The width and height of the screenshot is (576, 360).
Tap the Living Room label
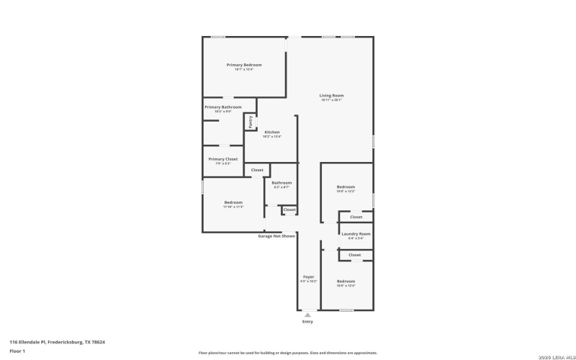click(332, 96)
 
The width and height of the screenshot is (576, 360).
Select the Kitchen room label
click(272, 132)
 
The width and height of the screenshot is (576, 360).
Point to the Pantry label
click(251, 122)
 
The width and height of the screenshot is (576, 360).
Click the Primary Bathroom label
click(222, 107)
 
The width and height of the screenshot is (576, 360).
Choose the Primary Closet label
click(222, 159)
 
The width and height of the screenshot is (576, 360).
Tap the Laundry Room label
click(356, 234)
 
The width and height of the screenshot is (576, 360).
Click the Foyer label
click(308, 276)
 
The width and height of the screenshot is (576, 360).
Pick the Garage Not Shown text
click(276, 236)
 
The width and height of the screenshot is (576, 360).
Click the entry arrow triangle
click(307, 315)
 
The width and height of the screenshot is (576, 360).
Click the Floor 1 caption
click(17, 351)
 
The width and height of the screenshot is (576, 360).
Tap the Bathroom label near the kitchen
click(282, 183)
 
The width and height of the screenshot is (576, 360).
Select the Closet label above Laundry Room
click(356, 217)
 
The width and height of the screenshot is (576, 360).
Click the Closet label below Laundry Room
click(354, 255)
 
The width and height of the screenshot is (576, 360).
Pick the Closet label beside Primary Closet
click(257, 170)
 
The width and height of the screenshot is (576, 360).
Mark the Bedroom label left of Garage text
click(233, 202)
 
